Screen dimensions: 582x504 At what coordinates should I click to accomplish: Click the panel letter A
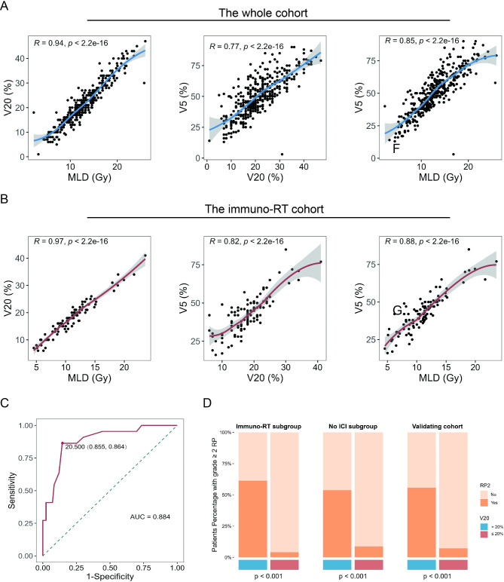(6, 7)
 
